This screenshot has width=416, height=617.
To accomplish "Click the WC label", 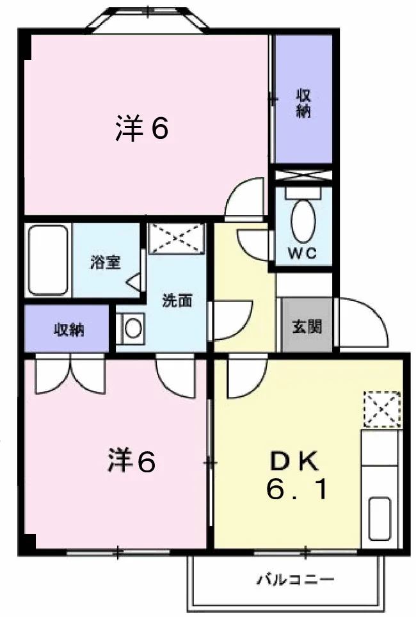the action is coord(302,253).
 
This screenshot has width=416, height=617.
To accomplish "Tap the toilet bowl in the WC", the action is coord(303,221).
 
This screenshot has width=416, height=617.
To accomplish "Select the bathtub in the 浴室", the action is coord(48,260).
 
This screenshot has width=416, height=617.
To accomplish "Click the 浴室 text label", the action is coord(105,262).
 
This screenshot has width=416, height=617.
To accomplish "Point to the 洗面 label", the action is coord(177,301).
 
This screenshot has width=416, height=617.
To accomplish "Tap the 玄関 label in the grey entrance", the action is coord(307,326).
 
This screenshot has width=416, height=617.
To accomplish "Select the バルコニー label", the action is coord(296,580).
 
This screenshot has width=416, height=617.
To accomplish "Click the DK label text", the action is coord(295,462).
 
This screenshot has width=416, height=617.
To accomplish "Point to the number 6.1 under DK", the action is coord(296,490).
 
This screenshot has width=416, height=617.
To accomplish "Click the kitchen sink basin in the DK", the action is coord(380,518).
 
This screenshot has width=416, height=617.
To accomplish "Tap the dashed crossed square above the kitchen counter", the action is coord(382,409).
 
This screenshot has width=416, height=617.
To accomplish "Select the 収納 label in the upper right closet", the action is coord(303,104).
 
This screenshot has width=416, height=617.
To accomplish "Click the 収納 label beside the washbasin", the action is coord(69,330).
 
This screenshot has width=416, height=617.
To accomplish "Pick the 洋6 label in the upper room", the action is coord(142,129).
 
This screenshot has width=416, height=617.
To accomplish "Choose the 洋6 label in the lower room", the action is coord(132,461).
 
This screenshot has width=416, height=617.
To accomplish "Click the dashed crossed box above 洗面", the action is coord(176,238).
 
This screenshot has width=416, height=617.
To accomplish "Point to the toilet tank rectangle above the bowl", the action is coord(303,193).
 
